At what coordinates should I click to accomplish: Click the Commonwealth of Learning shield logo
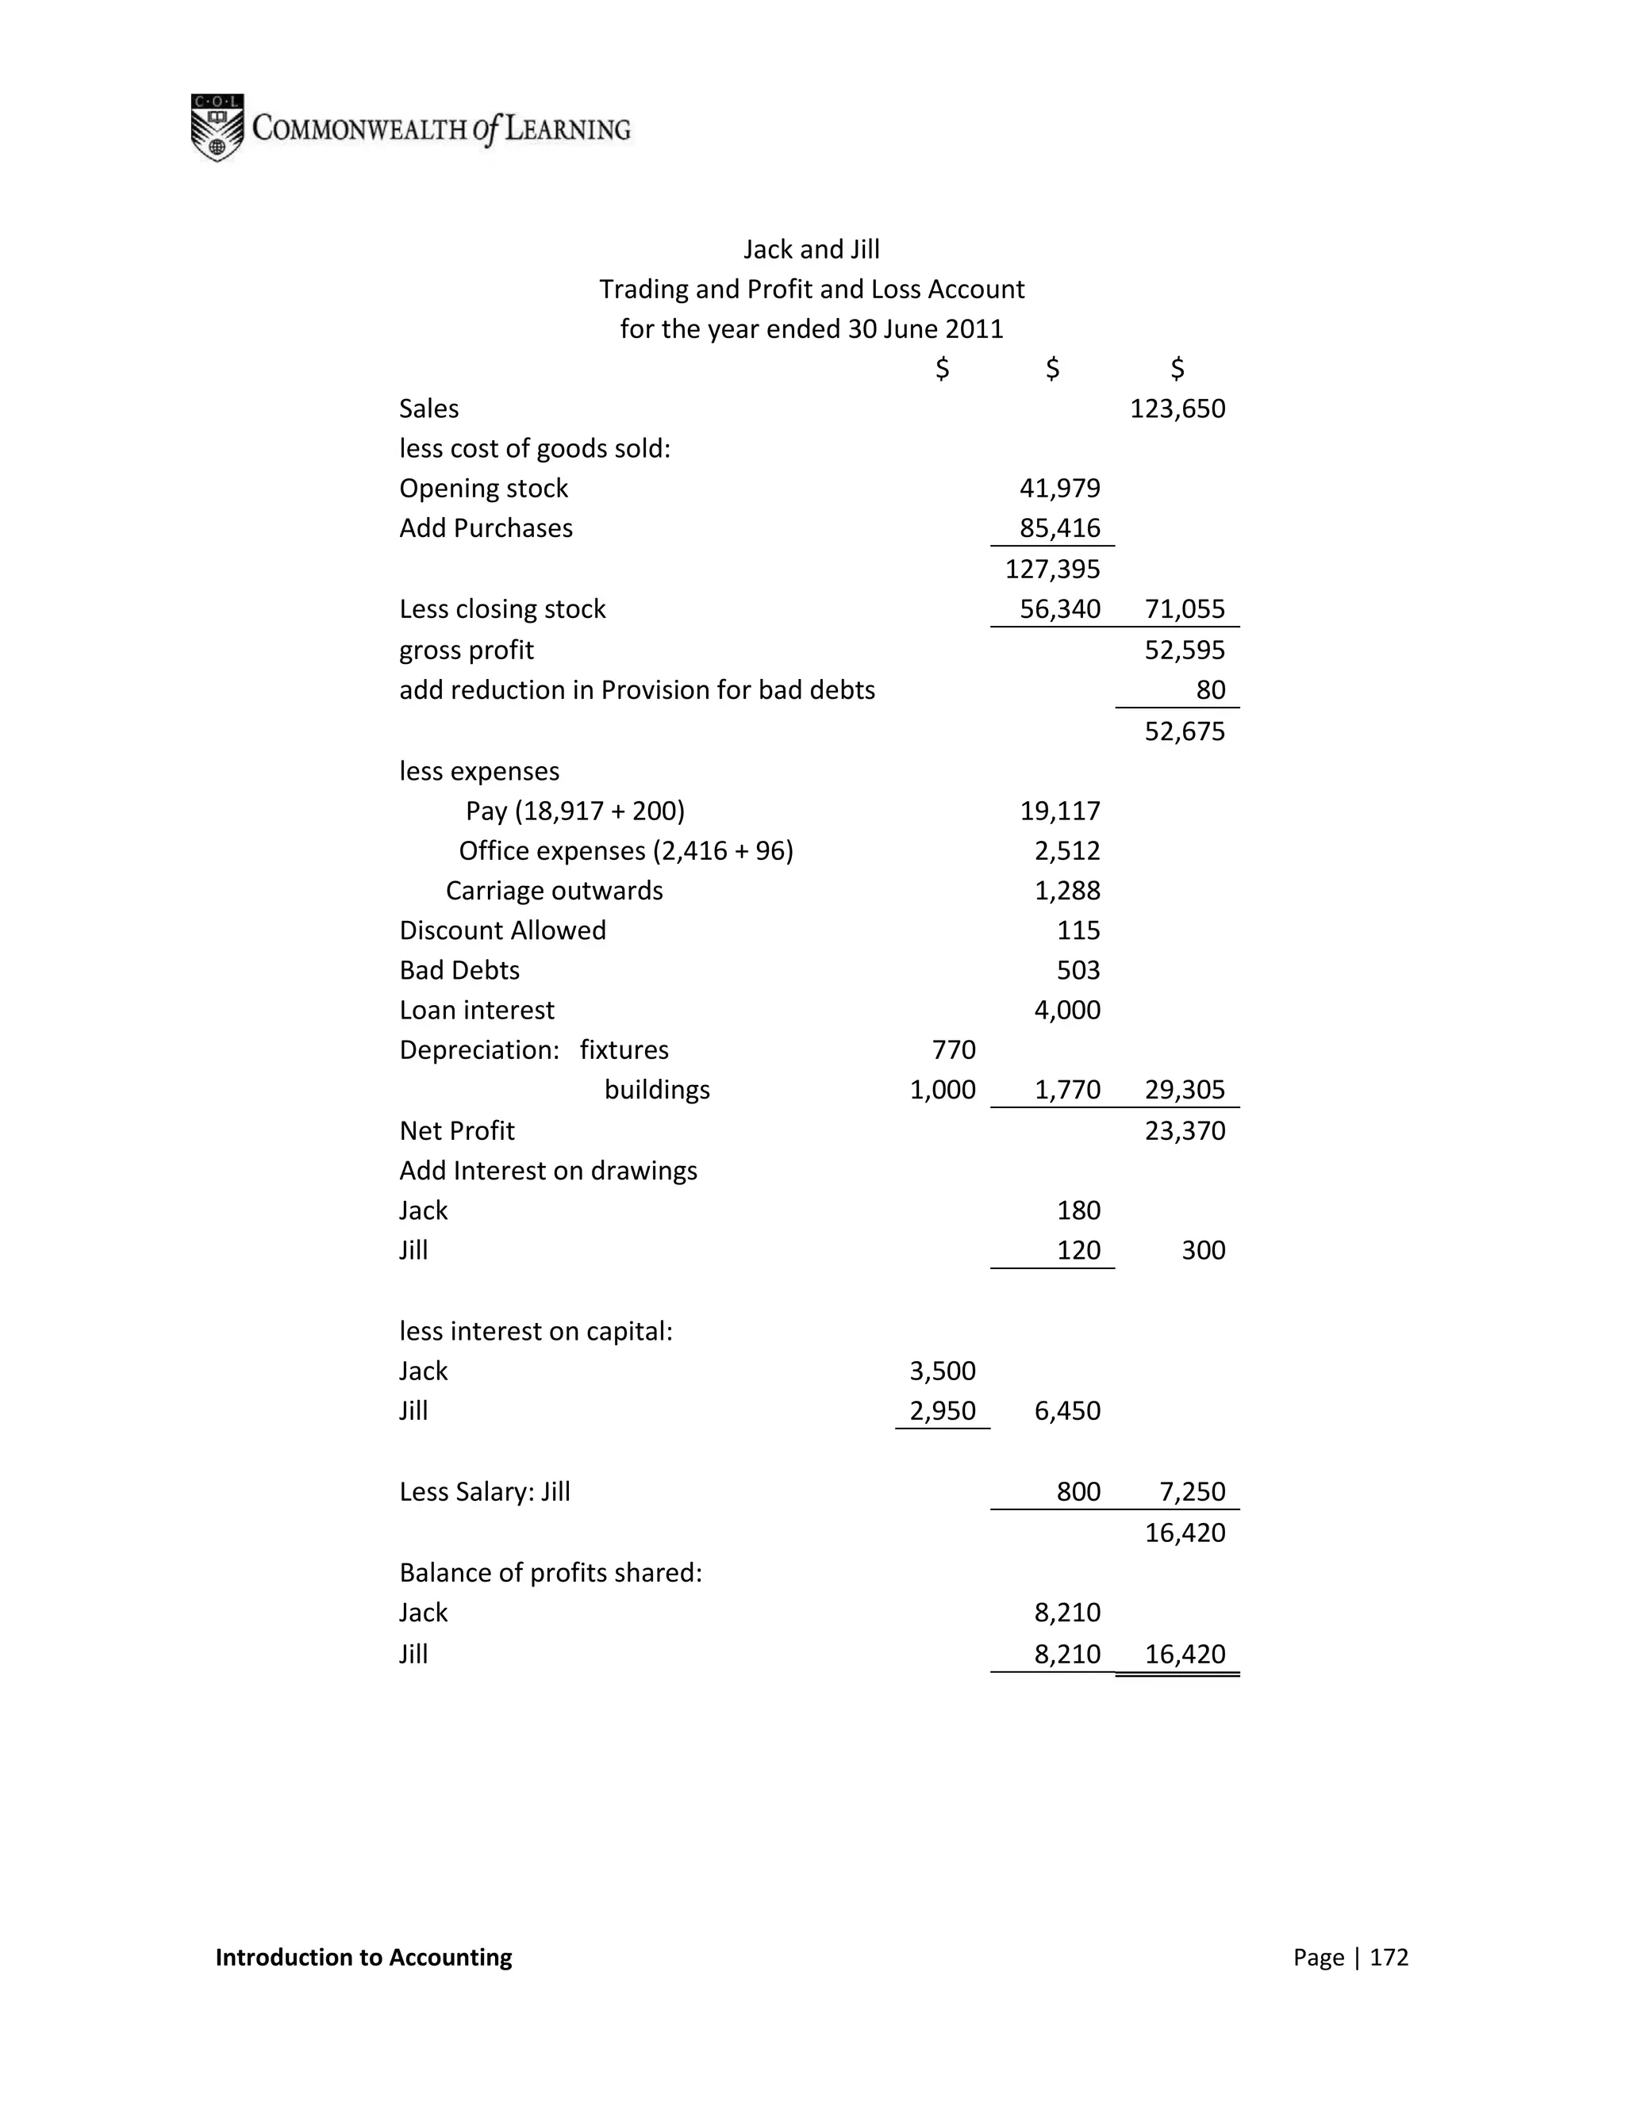coord(217,127)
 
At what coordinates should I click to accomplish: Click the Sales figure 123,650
coord(1177,409)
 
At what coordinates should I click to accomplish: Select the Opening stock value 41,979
coord(1059,489)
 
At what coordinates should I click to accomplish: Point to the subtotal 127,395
coord(1052,570)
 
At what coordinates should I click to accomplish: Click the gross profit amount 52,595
coord(1184,650)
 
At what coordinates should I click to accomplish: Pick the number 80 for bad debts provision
coord(1210,690)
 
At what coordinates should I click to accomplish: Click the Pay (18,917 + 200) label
coord(574,811)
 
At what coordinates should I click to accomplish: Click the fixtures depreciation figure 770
coord(953,1050)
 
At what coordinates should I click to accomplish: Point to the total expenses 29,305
coord(1184,1091)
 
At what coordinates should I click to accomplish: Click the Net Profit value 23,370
coord(1184,1131)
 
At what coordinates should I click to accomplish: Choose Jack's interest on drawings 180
coord(1078,1210)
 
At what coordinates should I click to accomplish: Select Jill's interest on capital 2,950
coord(942,1411)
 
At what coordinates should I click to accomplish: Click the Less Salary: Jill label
coord(484,1492)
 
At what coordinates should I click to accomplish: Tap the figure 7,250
coord(1192,1492)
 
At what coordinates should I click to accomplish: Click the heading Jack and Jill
coord(811,250)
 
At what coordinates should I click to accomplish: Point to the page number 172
coord(1389,1958)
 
